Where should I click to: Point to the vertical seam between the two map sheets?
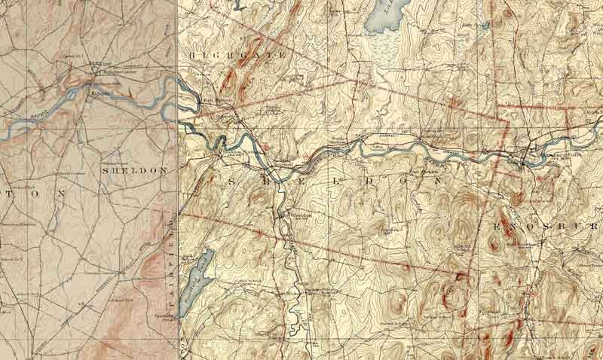click(x=178, y=226)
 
